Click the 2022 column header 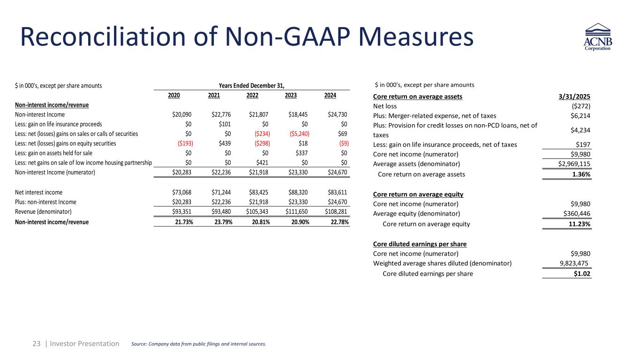tap(252, 96)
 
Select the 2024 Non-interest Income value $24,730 tap(337, 114)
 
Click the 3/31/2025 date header tap(575, 97)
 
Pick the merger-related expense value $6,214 tap(580, 116)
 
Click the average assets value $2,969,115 tap(569, 164)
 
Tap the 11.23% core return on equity tap(579, 224)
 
